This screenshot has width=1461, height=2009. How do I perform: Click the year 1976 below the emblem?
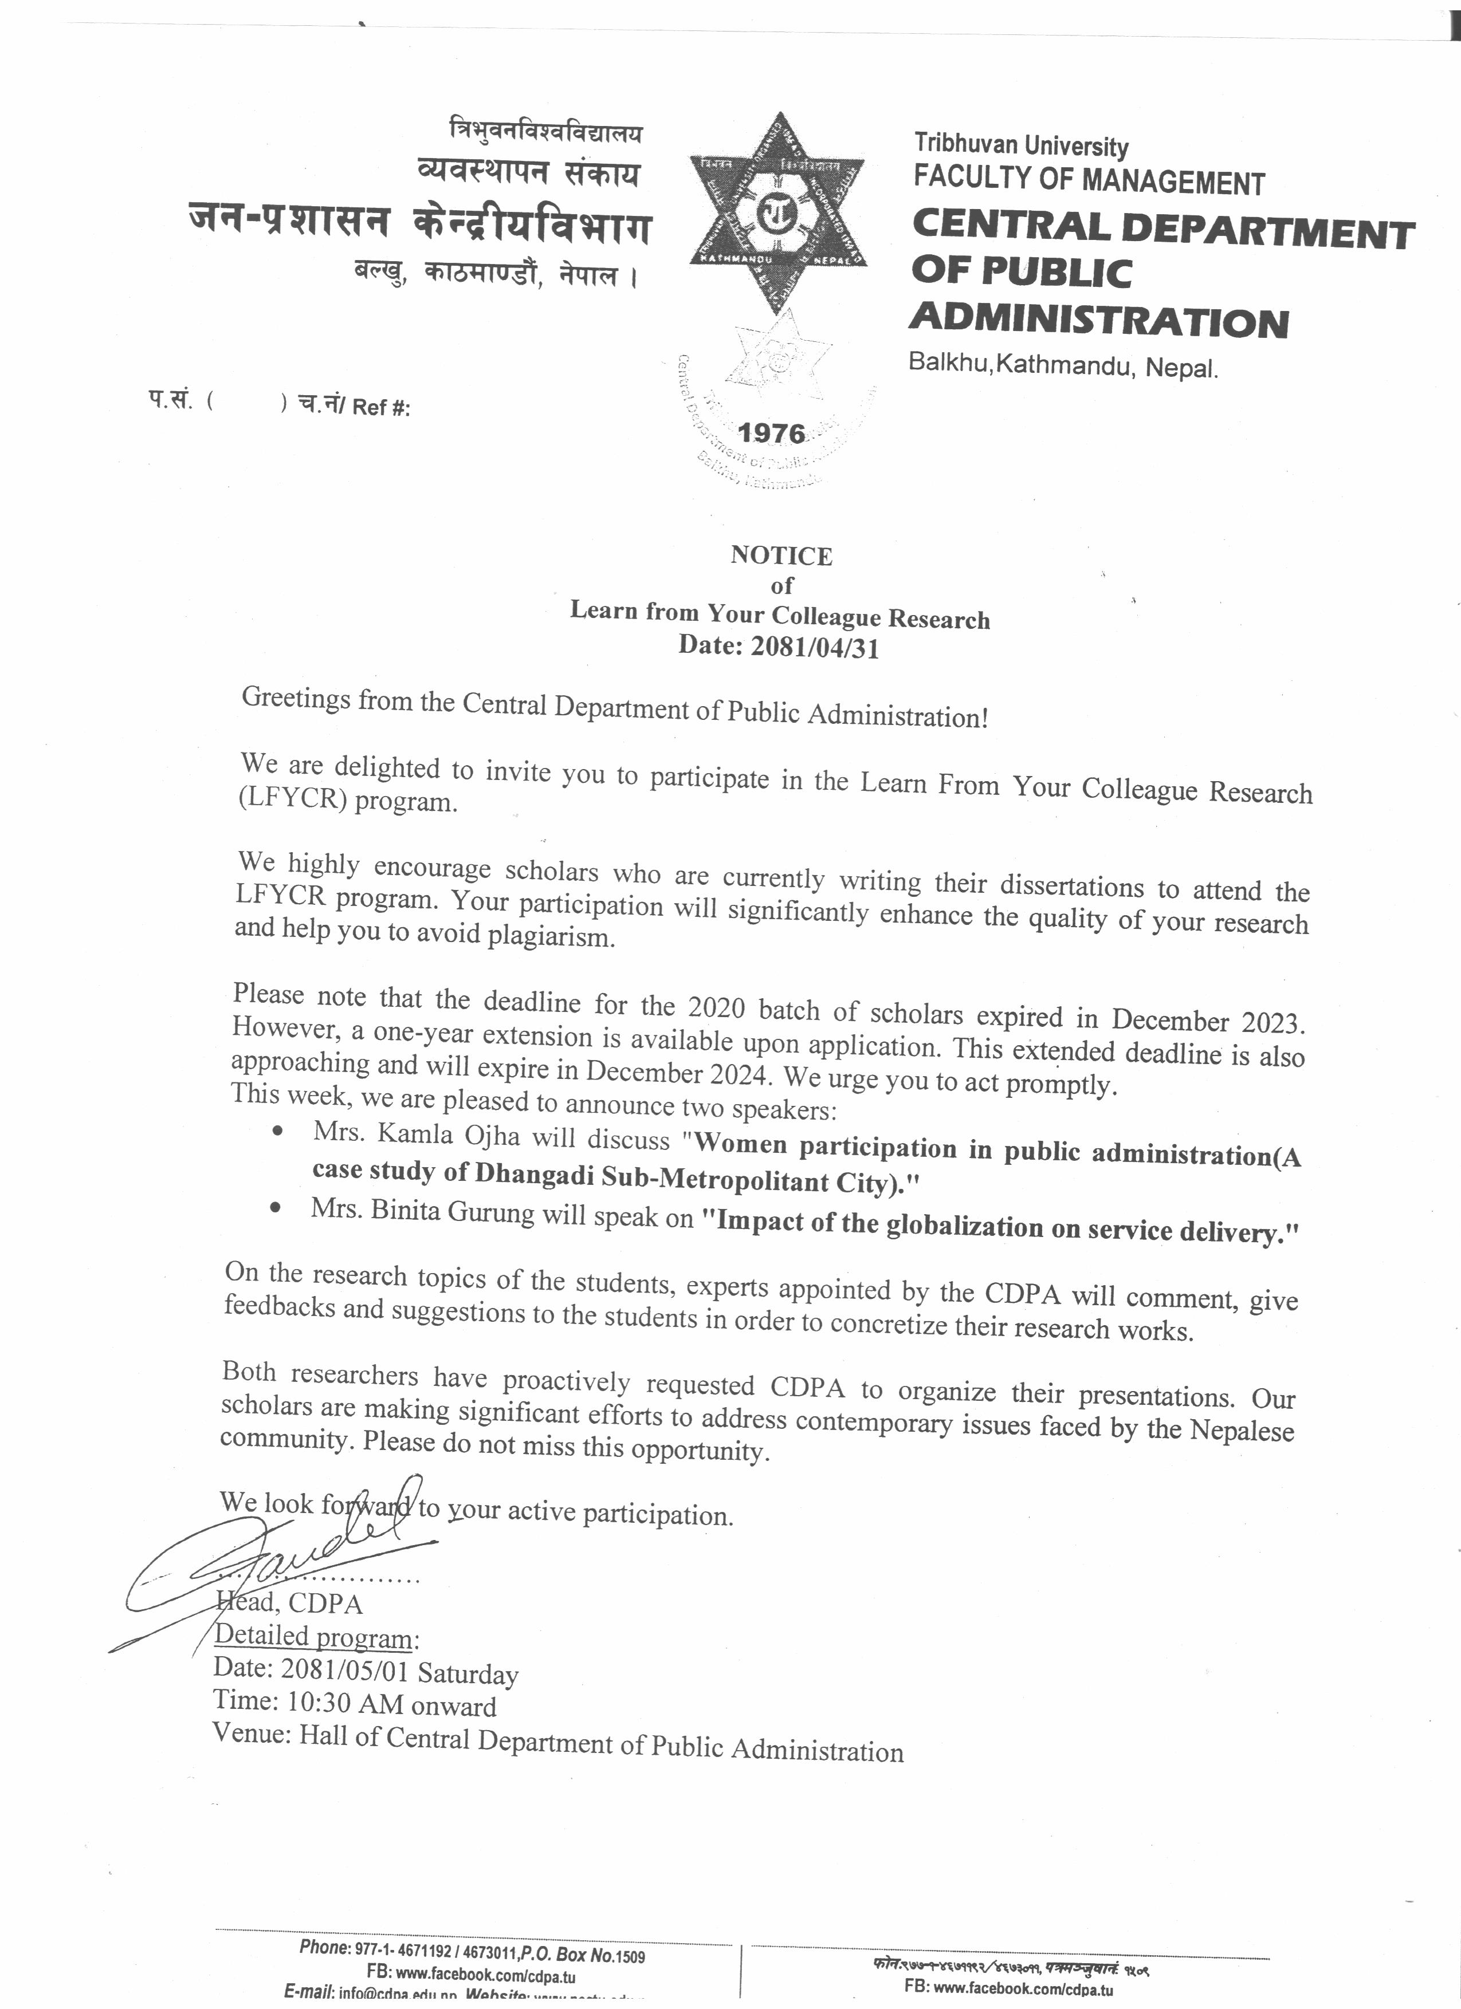[772, 433]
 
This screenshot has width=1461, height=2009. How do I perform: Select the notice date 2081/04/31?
[814, 648]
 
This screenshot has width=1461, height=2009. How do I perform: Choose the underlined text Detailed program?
[313, 1636]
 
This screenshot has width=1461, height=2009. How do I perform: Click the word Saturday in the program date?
[468, 1673]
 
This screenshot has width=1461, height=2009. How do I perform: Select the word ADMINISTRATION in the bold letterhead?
[1099, 321]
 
